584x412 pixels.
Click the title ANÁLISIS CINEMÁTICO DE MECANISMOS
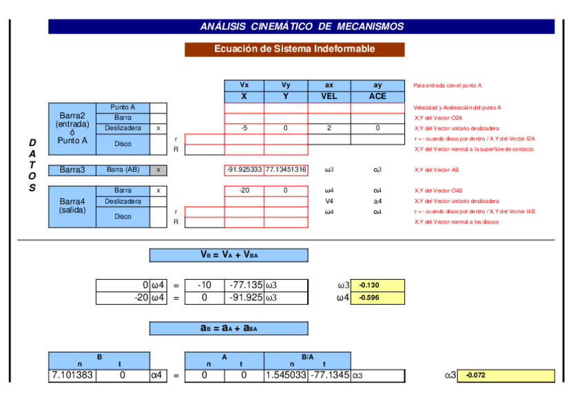pyautogui.click(x=302, y=27)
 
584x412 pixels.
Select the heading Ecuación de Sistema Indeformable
pyautogui.click(x=294, y=50)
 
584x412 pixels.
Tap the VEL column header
pyautogui.click(x=329, y=96)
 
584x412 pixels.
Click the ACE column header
pyautogui.click(x=377, y=96)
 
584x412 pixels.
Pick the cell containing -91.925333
pyautogui.click(x=244, y=170)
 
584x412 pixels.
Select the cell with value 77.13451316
pyautogui.click(x=286, y=170)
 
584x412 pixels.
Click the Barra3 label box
pyautogui.click(x=72, y=170)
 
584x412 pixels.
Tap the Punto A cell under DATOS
pyautogui.click(x=123, y=107)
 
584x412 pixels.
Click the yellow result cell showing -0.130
pyautogui.click(x=377, y=285)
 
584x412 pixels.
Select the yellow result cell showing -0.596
pyautogui.click(x=377, y=298)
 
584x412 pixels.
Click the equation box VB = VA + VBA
pyautogui.click(x=229, y=255)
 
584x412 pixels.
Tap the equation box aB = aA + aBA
pyautogui.click(x=229, y=328)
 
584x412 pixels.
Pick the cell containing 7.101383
pyautogui.click(x=72, y=376)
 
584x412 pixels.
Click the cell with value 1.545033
pyautogui.click(x=286, y=376)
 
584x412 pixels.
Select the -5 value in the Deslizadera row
pyautogui.click(x=244, y=128)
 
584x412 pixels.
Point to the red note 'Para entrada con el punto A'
pyautogui.click(x=447, y=86)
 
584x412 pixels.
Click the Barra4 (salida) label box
pyautogui.click(x=72, y=206)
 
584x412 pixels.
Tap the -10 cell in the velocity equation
pyautogui.click(x=204, y=285)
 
